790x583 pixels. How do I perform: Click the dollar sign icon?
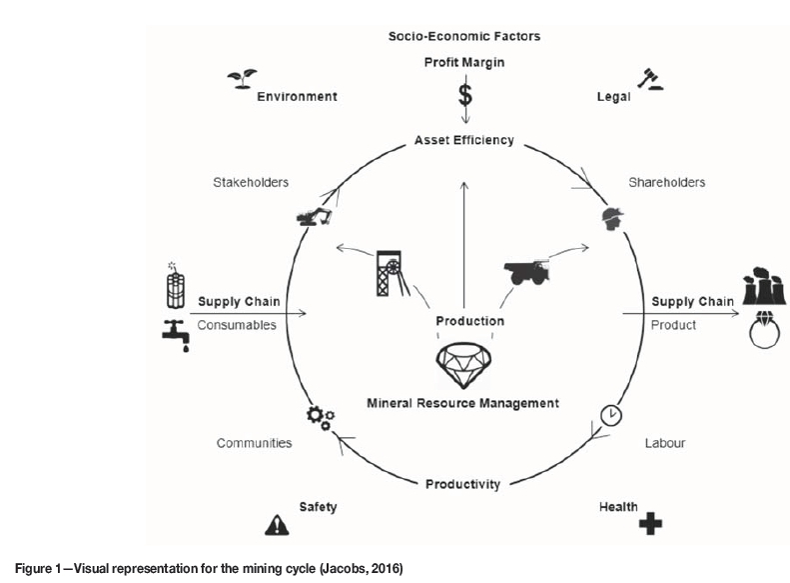click(x=464, y=95)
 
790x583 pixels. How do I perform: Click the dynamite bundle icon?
click(x=177, y=286)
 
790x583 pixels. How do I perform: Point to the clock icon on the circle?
click(x=611, y=413)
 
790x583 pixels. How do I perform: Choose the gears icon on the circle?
click(x=320, y=417)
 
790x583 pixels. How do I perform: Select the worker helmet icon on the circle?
click(x=610, y=218)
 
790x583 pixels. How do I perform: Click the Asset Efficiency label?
click(x=464, y=140)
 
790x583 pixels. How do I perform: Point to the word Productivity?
click(x=463, y=484)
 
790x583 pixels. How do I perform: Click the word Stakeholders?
click(x=251, y=182)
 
